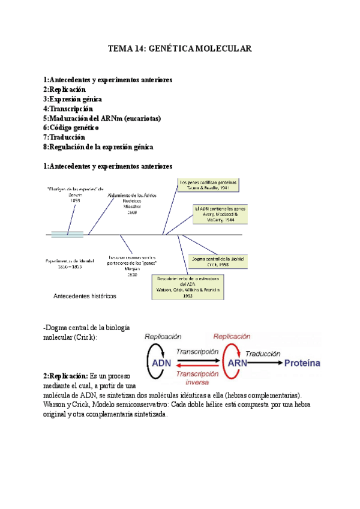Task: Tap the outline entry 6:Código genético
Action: [x=71, y=128]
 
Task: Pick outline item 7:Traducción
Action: [x=64, y=137]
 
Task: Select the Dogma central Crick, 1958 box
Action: [x=217, y=261]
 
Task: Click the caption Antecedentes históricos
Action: [x=85, y=296]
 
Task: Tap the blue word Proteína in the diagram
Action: [x=302, y=363]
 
